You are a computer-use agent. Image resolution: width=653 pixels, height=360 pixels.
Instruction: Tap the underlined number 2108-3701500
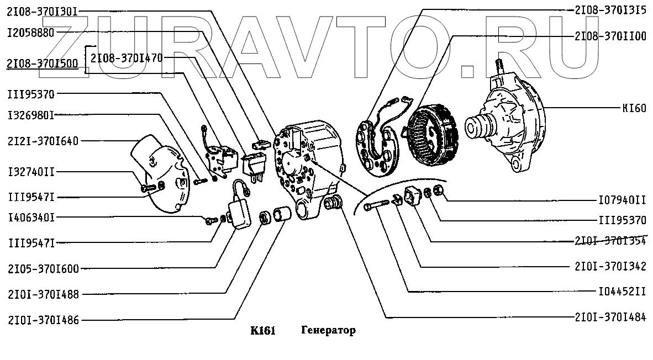(43, 63)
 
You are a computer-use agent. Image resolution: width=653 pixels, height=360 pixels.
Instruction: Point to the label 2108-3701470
(127, 57)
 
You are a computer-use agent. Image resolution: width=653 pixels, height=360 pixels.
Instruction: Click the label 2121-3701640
(43, 141)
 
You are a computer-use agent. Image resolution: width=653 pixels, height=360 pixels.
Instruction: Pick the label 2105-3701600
(43, 269)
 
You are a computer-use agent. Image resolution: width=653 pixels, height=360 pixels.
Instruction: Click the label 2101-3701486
(43, 319)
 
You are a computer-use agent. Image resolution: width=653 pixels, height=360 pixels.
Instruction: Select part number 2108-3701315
(610, 10)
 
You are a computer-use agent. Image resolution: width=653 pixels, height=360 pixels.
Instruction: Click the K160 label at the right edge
(633, 108)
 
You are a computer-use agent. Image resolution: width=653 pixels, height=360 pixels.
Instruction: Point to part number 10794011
(622, 199)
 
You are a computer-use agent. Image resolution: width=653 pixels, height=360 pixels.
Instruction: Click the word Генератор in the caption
(328, 331)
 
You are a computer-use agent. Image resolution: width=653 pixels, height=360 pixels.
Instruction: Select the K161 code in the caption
(263, 331)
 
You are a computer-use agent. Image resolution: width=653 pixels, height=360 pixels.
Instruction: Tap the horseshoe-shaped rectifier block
(379, 145)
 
